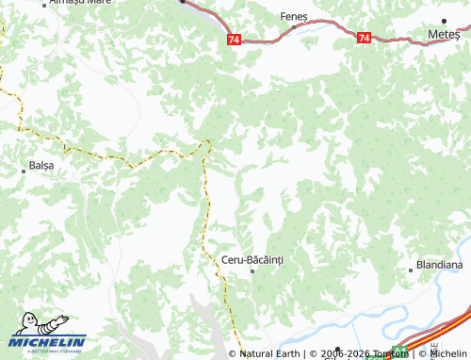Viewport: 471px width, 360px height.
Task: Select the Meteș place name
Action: pyautogui.click(x=444, y=33)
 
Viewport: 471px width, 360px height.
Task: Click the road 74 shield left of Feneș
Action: pyautogui.click(x=234, y=39)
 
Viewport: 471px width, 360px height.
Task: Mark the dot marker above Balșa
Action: pyautogui.click(x=24, y=171)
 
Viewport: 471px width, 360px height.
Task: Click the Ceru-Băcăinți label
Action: pyautogui.click(x=252, y=258)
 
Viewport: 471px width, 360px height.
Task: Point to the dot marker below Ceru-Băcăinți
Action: pyautogui.click(x=252, y=270)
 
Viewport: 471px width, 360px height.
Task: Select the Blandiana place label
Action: pyautogui.click(x=439, y=266)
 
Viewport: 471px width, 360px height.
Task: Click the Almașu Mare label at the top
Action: pyautogui.click(x=80, y=3)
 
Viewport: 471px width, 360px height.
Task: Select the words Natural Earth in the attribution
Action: pyautogui.click(x=269, y=353)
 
